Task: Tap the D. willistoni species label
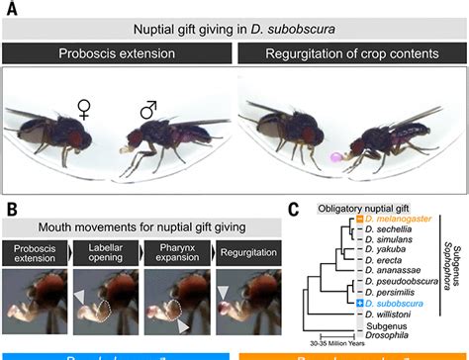click(389, 313)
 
